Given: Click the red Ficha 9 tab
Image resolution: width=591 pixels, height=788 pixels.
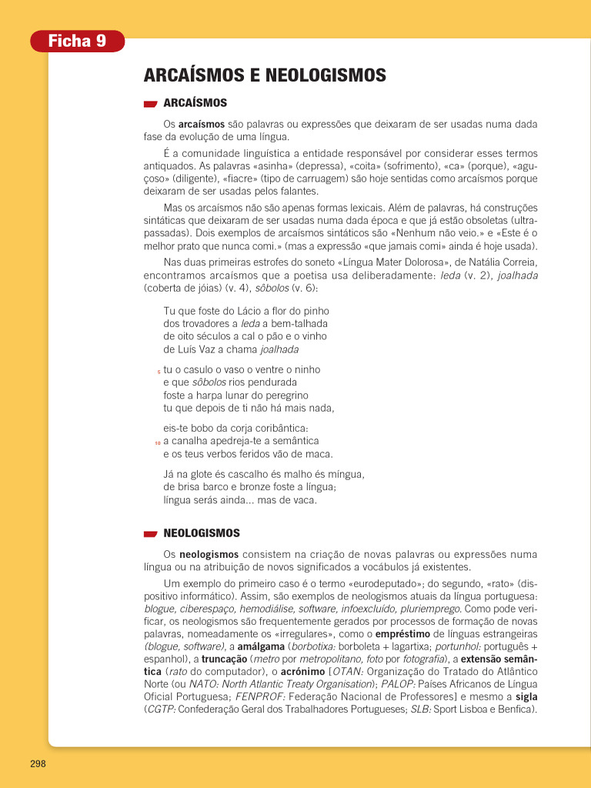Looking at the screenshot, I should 77,42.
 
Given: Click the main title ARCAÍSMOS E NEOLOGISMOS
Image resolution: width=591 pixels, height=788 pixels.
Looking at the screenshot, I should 265,75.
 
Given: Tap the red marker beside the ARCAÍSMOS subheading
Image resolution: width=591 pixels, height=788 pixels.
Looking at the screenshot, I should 151,104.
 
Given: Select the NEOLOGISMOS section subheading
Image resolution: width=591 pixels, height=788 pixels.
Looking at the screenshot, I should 202,533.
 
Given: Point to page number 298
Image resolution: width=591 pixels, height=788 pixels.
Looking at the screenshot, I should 38,763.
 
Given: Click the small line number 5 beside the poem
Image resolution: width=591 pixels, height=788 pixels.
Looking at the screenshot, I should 159,372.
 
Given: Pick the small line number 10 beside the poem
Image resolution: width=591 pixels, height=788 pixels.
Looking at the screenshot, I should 158,443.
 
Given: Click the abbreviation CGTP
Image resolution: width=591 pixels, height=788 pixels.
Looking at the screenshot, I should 161,709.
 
